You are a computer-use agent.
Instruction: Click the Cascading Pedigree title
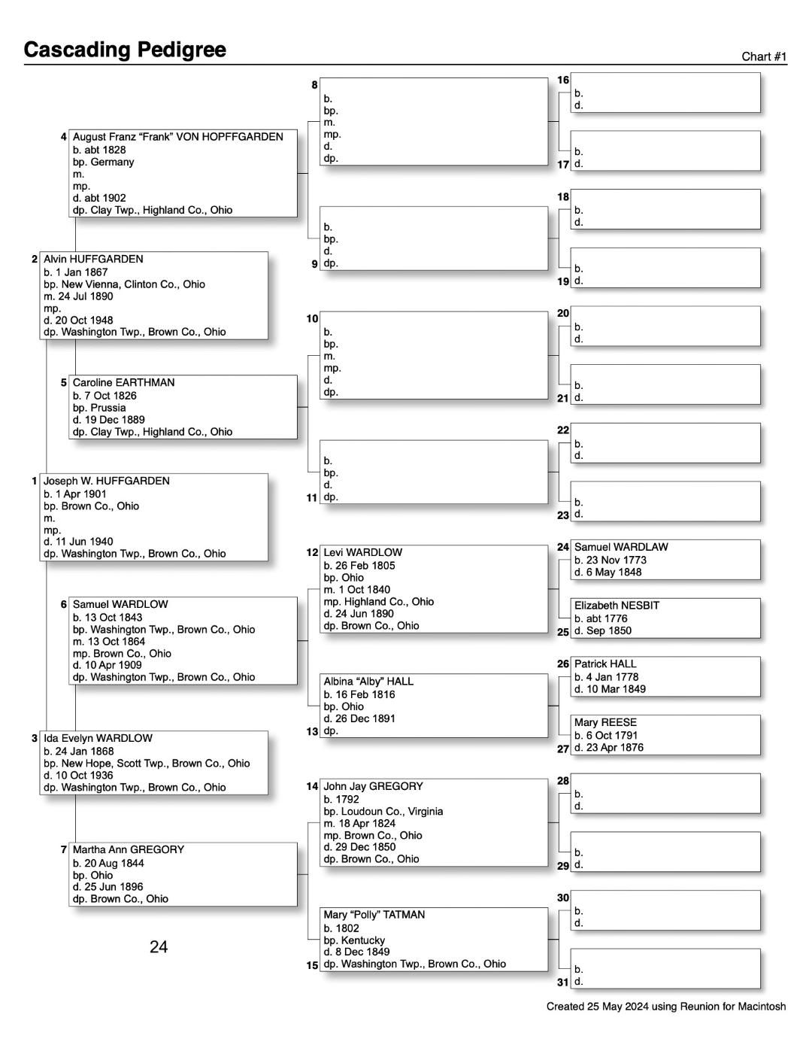pyautogui.click(x=125, y=50)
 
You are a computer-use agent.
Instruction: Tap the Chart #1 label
pyautogui.click(x=763, y=56)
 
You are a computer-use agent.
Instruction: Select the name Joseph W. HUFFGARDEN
pyautogui.click(x=107, y=481)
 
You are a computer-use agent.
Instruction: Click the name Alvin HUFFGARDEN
pyautogui.click(x=93, y=259)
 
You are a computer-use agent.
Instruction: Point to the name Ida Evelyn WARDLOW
pyautogui.click(x=98, y=738)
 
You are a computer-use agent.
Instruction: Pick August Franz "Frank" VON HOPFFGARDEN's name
pyautogui.click(x=178, y=137)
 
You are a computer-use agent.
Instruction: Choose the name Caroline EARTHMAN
pyautogui.click(x=123, y=382)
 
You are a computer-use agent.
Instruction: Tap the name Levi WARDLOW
pyautogui.click(x=363, y=552)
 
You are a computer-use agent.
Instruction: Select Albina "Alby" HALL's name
pyautogui.click(x=368, y=681)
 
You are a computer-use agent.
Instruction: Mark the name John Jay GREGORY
pyautogui.click(x=374, y=786)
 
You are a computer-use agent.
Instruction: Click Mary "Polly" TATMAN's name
pyautogui.click(x=374, y=915)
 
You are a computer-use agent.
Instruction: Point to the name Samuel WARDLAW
pyautogui.click(x=621, y=547)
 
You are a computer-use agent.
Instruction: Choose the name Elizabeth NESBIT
pyautogui.click(x=617, y=605)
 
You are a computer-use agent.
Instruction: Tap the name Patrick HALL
pyautogui.click(x=605, y=664)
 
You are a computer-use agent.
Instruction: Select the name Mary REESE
pyautogui.click(x=605, y=722)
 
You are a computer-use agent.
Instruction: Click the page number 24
pyautogui.click(x=159, y=946)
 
